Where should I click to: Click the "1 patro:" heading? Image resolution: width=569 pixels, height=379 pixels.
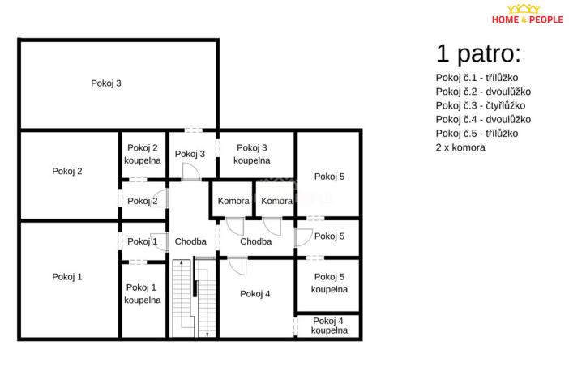tap(478, 54)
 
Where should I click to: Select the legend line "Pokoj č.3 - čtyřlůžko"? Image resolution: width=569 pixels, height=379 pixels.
tap(481, 105)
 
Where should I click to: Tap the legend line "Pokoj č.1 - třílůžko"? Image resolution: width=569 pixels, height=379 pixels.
tap(477, 78)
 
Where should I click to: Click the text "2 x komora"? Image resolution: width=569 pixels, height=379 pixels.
tap(460, 147)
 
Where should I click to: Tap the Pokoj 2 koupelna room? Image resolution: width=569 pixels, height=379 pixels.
tap(143, 154)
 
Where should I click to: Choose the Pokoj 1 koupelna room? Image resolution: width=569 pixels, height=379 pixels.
tap(143, 293)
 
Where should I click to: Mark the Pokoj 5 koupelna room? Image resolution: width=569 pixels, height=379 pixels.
tap(329, 283)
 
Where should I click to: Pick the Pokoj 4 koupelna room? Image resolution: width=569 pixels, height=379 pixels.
tap(329, 326)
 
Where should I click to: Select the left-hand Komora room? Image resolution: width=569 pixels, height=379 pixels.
tap(233, 201)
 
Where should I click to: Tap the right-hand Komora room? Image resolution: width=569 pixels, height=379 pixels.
tap(276, 201)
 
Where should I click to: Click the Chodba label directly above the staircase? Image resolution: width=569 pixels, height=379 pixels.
tap(190, 241)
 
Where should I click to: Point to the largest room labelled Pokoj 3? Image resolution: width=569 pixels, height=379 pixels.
tap(106, 83)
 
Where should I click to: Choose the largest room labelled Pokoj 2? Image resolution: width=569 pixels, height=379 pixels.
tap(67, 171)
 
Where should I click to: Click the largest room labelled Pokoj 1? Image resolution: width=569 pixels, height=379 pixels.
tap(67, 277)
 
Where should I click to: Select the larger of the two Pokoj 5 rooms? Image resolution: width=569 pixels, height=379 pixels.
tap(329, 176)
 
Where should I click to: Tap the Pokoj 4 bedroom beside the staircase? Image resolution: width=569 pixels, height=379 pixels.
tap(255, 294)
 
